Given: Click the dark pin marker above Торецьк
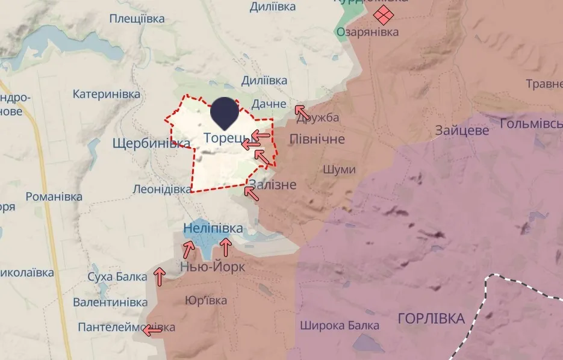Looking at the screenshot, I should [223, 112].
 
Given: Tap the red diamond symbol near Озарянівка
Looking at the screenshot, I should [381, 14].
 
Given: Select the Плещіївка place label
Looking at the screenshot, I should [137, 19].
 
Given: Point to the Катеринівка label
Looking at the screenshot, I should [107, 94].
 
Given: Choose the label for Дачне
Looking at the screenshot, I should [269, 104].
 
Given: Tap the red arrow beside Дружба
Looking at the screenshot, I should [302, 111].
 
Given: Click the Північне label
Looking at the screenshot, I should [317, 139].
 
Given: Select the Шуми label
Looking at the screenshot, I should [339, 170].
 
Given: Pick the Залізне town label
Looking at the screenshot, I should [272, 185].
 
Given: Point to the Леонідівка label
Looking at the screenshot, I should [162, 188].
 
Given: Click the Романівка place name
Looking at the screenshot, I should [54, 197].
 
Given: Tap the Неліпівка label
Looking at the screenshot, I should [213, 228].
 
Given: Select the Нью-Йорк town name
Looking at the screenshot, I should [213, 267].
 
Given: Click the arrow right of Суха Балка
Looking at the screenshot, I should [160, 276].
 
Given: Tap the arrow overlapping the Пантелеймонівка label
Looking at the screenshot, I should [152, 329].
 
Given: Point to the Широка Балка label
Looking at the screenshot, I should [340, 326].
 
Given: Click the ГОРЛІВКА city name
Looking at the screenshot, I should [431, 318].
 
